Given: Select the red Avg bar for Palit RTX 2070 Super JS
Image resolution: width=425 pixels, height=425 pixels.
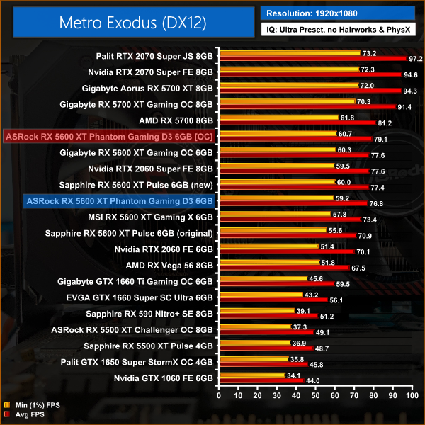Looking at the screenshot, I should click(312, 58).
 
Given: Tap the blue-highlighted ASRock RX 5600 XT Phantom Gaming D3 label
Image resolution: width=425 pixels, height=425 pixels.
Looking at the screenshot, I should click(118, 201).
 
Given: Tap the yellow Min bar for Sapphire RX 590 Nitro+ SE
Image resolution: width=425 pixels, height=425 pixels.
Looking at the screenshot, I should click(257, 311).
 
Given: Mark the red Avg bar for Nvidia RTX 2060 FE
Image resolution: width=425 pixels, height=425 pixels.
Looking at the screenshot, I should click(286, 252).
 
